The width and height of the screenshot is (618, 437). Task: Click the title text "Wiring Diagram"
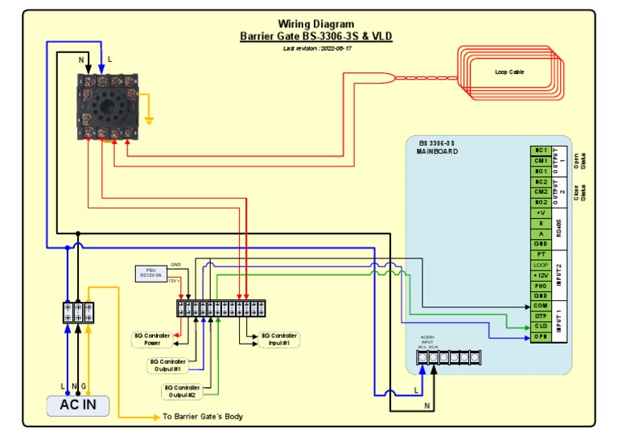pyautogui.click(x=316, y=24)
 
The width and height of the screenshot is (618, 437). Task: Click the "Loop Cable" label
pyautogui.click(x=509, y=72)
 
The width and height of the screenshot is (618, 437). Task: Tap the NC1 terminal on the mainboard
pyautogui.click(x=541, y=150)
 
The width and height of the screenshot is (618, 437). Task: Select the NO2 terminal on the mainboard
pyautogui.click(x=541, y=203)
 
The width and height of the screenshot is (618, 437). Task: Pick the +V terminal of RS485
pyautogui.click(x=541, y=213)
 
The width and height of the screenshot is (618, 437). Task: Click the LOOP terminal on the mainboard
pyautogui.click(x=541, y=265)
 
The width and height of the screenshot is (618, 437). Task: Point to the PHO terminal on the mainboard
pyautogui.click(x=541, y=286)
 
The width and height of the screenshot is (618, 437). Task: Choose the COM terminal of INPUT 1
pyautogui.click(x=541, y=307)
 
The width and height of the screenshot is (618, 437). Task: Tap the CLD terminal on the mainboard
pyautogui.click(x=541, y=327)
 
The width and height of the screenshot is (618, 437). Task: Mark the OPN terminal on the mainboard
pyautogui.click(x=541, y=337)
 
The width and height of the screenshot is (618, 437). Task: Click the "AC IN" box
pyautogui.click(x=78, y=405)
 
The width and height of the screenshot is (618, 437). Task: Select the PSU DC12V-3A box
pyautogui.click(x=150, y=274)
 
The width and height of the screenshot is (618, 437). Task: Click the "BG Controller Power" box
pyautogui.click(x=152, y=339)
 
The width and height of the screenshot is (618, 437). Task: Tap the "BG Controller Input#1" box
pyautogui.click(x=278, y=339)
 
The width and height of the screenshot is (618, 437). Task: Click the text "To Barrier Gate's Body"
pyautogui.click(x=203, y=417)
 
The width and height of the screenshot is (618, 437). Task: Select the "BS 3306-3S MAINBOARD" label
pyautogui.click(x=439, y=147)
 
